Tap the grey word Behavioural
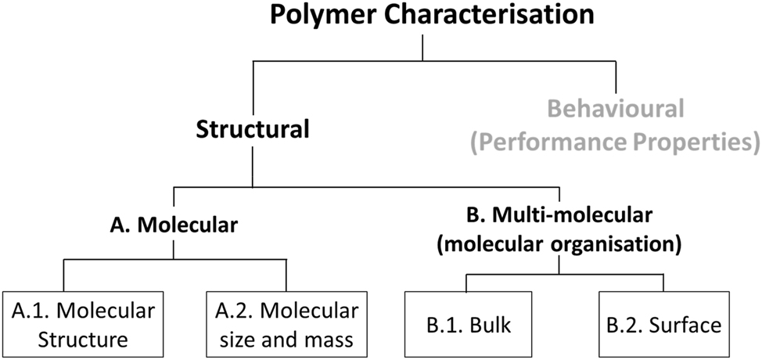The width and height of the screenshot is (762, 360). click(616, 107)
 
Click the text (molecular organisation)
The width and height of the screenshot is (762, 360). click(558, 242)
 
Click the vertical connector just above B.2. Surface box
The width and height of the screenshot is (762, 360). click(663, 283)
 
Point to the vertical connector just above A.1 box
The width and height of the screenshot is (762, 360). click(63, 275)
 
